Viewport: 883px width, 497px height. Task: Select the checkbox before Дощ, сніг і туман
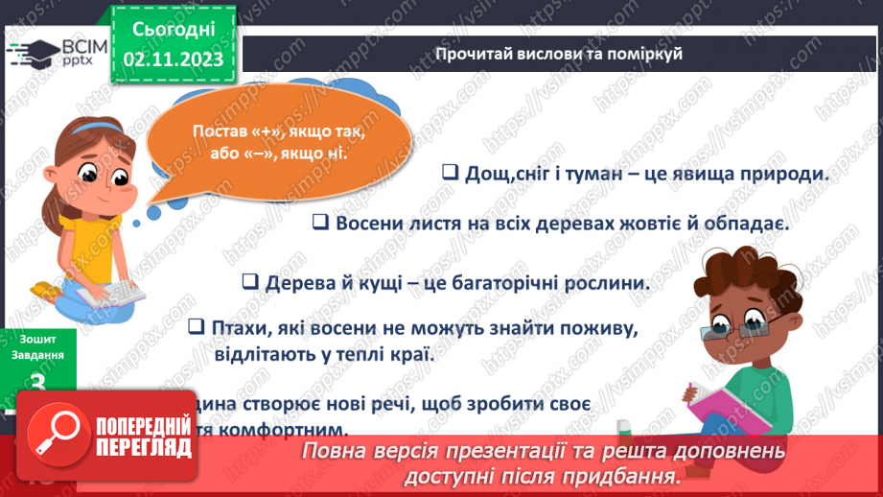click(x=449, y=173)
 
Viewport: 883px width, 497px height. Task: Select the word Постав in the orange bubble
click(x=221, y=131)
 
